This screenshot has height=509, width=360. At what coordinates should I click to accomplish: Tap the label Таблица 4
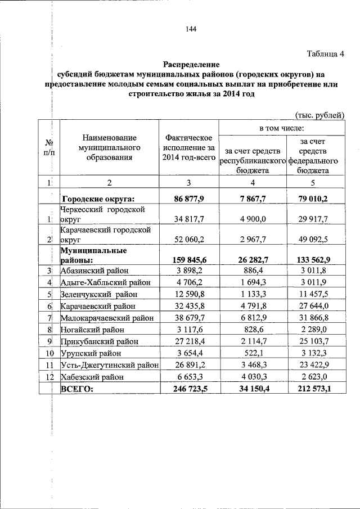pyautogui.click(x=325, y=54)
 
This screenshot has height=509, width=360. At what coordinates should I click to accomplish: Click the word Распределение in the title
pyautogui.click(x=191, y=65)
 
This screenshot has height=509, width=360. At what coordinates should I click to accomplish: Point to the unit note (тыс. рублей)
pyautogui.click(x=319, y=115)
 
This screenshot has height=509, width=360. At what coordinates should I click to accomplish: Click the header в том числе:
pyautogui.click(x=281, y=129)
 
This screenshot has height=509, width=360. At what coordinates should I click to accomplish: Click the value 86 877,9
pyautogui.click(x=188, y=199)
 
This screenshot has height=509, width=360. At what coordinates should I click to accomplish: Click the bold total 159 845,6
pyautogui.click(x=188, y=260)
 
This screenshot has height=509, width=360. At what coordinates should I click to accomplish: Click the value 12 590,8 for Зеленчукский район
pyautogui.click(x=188, y=294)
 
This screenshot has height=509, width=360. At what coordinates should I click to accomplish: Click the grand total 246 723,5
pyautogui.click(x=188, y=389)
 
